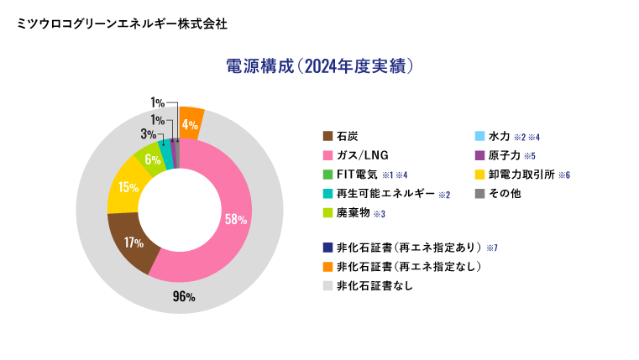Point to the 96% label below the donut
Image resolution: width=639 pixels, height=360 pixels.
[184, 296]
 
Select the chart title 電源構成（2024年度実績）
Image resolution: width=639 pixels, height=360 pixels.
[319, 66]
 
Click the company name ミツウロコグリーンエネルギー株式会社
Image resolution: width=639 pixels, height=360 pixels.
[122, 23]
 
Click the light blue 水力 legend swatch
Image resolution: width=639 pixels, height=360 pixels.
[479, 136]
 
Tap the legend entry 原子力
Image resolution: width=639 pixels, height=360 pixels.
[505, 155]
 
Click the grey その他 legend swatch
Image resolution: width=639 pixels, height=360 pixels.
[479, 195]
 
